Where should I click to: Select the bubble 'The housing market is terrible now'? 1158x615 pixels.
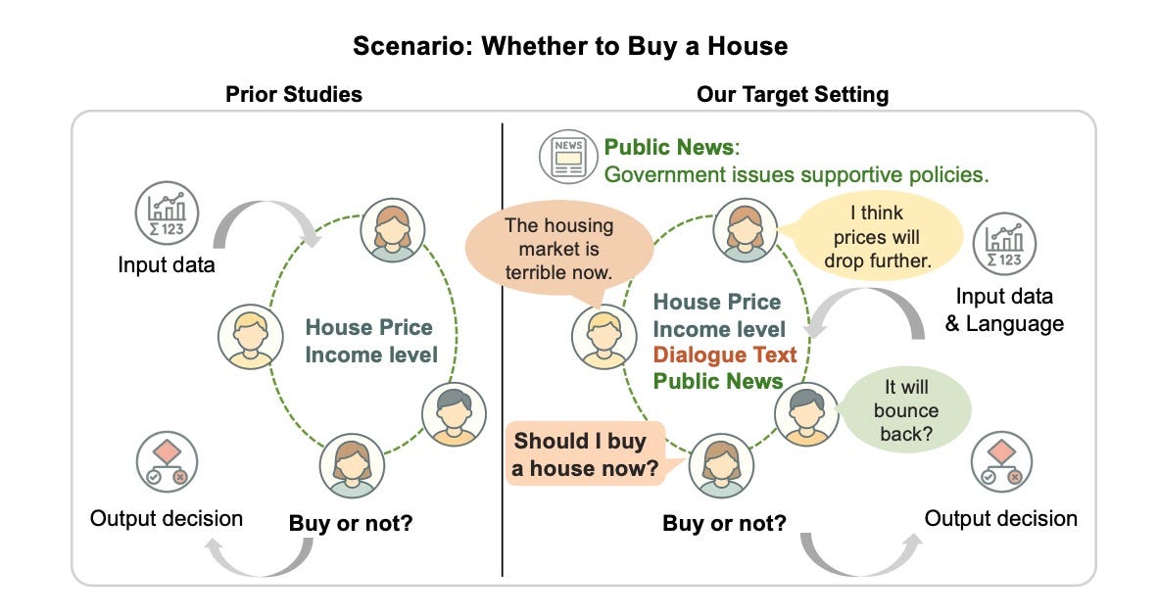(557, 249)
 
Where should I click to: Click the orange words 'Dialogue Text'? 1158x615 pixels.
(725, 355)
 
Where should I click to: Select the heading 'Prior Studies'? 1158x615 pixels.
(294, 95)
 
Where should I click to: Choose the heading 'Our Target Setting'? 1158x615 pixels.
(793, 95)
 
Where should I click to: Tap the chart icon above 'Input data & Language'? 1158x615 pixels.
(1004, 242)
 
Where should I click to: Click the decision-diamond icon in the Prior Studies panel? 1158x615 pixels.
(167, 461)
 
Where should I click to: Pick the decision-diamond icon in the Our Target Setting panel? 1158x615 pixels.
(1001, 463)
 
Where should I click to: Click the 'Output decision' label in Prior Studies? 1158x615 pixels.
(167, 518)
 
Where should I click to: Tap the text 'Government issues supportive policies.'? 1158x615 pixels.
(796, 175)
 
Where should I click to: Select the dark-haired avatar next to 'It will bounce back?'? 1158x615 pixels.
(806, 415)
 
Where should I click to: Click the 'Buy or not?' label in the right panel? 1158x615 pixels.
(724, 523)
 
